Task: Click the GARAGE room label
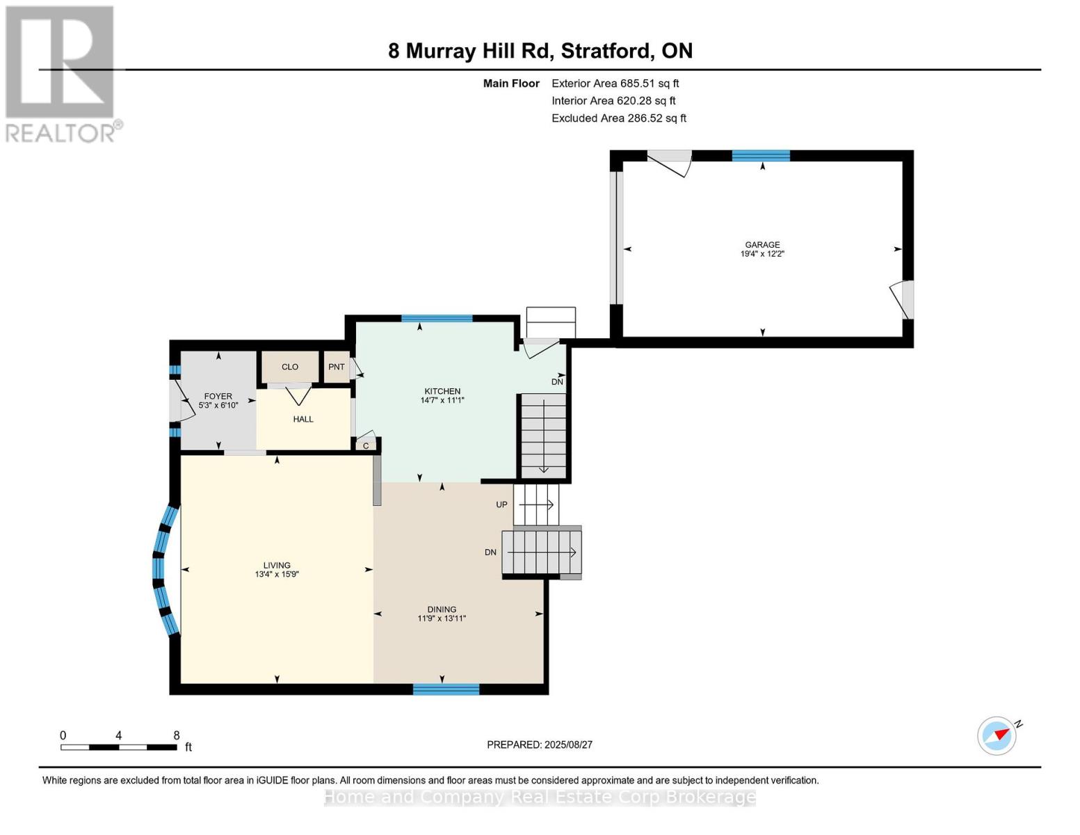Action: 762,245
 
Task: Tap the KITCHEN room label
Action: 442,391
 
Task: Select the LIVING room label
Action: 277,565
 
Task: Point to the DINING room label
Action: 442,610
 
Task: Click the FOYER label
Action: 218,397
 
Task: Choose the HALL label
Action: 303,420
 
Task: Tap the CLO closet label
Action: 290,367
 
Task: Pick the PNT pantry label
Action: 337,367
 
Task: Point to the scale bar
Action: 119,747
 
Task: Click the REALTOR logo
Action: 62,74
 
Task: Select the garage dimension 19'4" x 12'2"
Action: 762,254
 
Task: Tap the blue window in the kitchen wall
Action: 437,319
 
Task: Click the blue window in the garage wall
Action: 761,156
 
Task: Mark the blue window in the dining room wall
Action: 446,690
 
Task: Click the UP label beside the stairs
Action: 501,504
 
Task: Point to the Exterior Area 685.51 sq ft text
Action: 615,83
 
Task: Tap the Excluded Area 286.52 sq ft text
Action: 619,118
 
